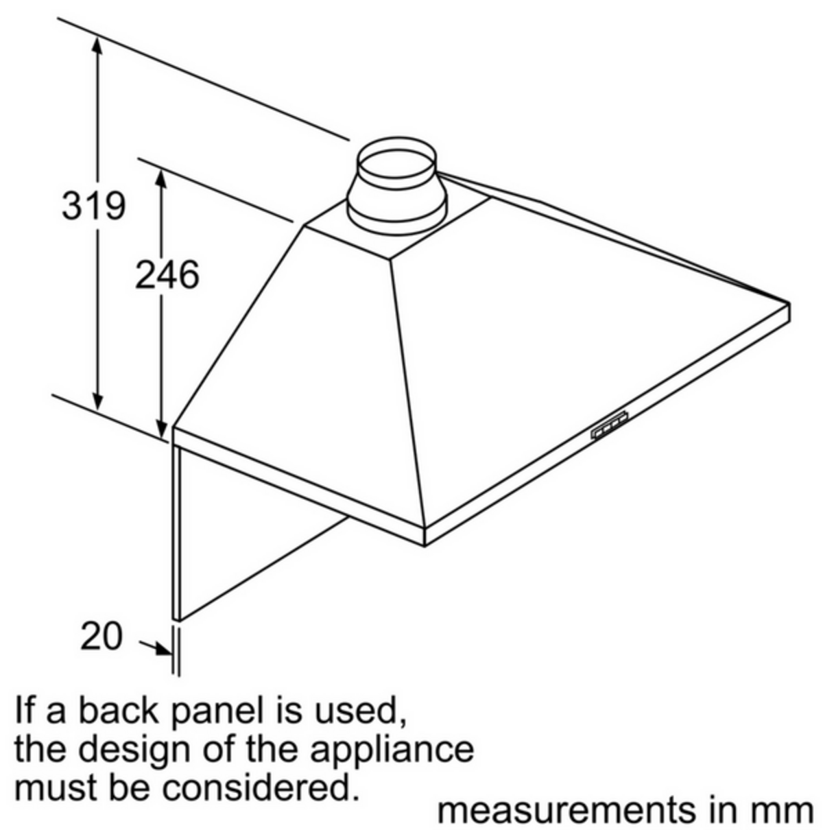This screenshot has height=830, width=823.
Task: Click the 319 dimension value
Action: pyautogui.click(x=94, y=205)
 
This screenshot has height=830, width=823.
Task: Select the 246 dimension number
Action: pyautogui.click(x=167, y=274)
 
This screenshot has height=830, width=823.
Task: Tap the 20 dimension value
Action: pyautogui.click(x=102, y=636)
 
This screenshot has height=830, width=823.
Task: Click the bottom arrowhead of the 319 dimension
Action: pyautogui.click(x=97, y=405)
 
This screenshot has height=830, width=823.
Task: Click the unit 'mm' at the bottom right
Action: pyautogui.click(x=786, y=810)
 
